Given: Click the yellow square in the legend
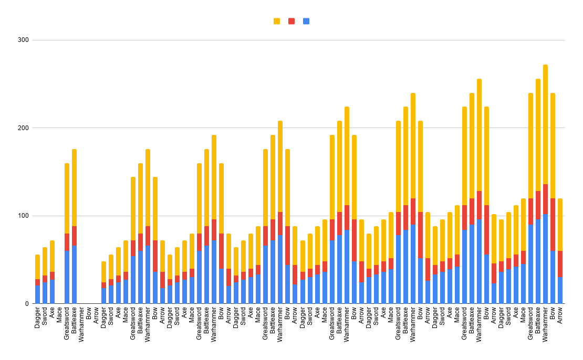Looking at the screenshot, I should point(277,21).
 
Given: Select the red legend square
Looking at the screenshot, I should point(291,21).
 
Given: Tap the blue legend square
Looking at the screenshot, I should point(306,21).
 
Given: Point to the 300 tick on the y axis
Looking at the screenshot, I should point(23,40).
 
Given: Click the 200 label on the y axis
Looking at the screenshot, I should point(23,128).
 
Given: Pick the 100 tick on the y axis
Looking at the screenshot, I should point(23,216).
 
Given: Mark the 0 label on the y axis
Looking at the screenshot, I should point(26,304).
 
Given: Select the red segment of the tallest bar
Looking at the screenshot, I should point(545,199).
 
